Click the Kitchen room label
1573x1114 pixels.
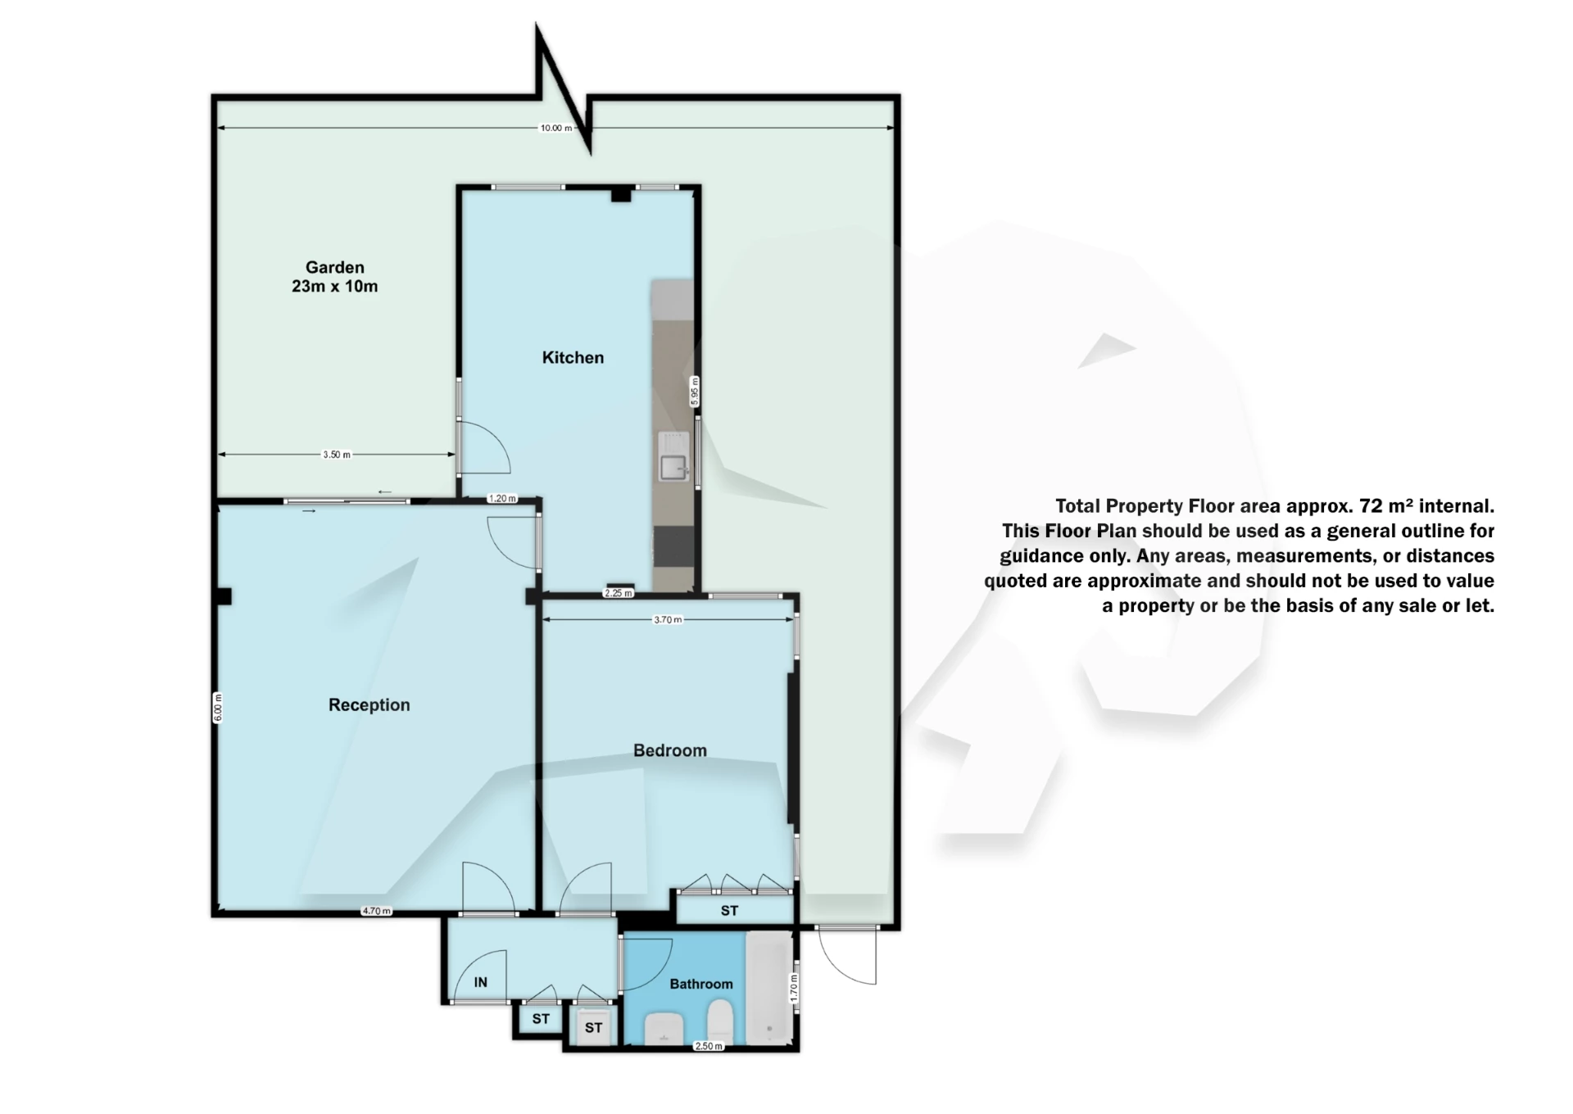click(x=573, y=357)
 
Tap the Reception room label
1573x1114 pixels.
click(x=369, y=704)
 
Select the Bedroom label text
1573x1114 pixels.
click(x=669, y=750)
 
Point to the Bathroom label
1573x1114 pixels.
click(x=700, y=984)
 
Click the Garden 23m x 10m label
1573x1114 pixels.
click(x=334, y=276)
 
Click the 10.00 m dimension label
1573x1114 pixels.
click(x=555, y=128)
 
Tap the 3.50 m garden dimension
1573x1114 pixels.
click(x=337, y=455)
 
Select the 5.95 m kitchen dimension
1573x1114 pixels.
click(x=695, y=391)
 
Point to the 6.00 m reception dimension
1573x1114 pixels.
click(x=218, y=708)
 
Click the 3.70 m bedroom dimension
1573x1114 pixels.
click(x=668, y=620)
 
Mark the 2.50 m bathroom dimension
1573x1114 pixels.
click(x=708, y=1046)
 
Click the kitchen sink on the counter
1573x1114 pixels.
click(x=674, y=467)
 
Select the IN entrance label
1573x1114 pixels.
click(x=481, y=982)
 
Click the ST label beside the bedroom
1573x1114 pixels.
click(x=729, y=910)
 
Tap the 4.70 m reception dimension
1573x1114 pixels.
click(x=377, y=911)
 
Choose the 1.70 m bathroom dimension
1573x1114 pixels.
click(x=793, y=987)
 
